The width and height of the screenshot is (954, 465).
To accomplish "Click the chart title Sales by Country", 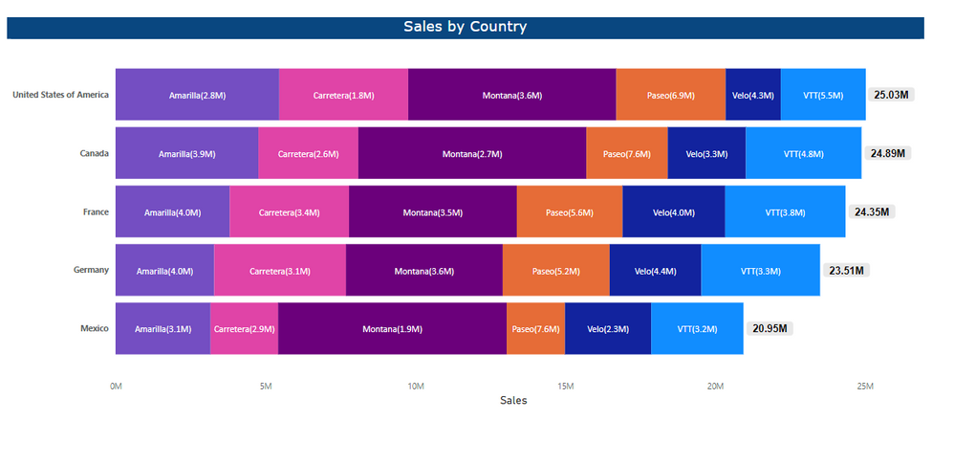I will [x=465, y=27].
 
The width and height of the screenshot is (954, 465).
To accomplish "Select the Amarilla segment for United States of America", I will [x=197, y=95].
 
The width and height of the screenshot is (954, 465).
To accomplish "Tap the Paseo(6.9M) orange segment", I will [x=670, y=95].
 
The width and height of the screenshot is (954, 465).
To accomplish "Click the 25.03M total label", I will [x=892, y=95].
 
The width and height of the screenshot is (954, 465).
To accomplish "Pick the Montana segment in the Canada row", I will [x=472, y=153].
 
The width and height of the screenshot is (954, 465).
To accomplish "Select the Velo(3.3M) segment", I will [x=706, y=153].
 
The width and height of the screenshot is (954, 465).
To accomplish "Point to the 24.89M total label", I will [x=888, y=153].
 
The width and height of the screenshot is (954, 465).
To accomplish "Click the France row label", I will [x=96, y=211].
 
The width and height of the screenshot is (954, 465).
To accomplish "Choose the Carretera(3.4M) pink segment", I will [x=289, y=211].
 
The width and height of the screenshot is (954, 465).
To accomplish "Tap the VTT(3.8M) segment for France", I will [x=785, y=211].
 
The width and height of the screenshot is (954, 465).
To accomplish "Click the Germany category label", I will [x=91, y=270].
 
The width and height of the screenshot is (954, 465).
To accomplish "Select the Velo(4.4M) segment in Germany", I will [x=655, y=271].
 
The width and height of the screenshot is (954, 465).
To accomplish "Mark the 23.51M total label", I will [x=846, y=271].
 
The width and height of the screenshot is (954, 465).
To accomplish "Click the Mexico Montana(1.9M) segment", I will [x=392, y=329].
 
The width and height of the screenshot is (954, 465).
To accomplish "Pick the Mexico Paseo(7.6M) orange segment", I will [x=535, y=329].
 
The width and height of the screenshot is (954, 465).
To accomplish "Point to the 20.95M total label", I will [x=770, y=329].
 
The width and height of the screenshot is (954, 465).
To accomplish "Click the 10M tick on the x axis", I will [x=415, y=386].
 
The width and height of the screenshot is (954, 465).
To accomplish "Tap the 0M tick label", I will [x=116, y=386].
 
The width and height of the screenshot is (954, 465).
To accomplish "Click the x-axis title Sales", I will [x=513, y=401].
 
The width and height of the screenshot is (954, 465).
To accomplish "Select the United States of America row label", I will [x=60, y=95].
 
